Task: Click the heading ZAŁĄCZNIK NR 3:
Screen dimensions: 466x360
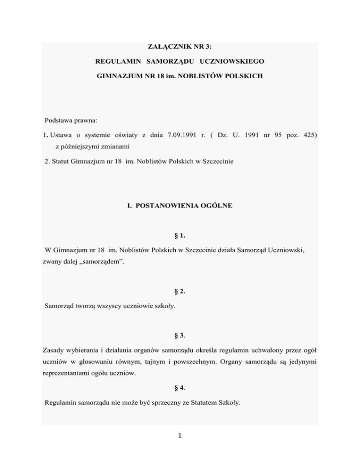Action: coord(180,46)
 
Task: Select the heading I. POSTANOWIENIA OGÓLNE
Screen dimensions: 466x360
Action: coord(180,206)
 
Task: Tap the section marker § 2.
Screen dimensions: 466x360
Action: coord(180,291)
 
